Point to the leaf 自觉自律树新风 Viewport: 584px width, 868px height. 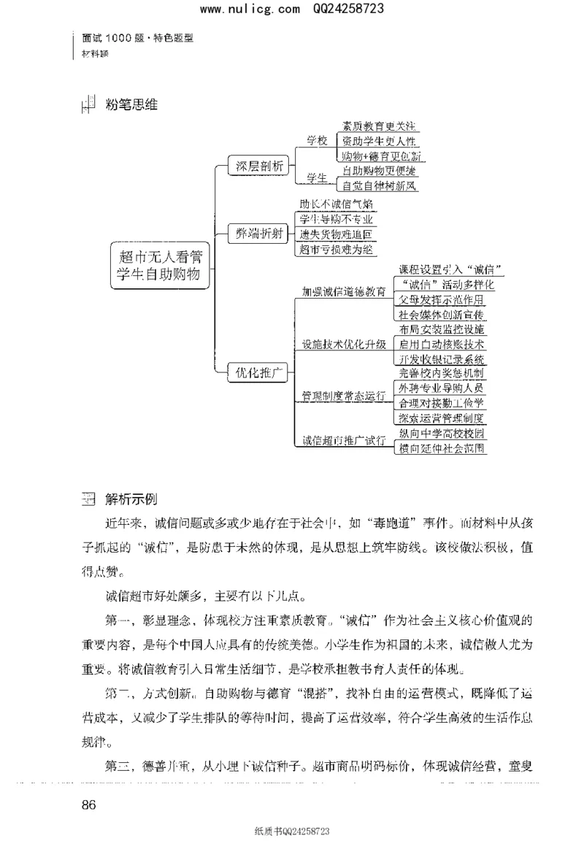(379, 185)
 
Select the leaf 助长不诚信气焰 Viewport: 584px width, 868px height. (336, 204)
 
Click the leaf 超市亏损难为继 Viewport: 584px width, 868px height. (337, 250)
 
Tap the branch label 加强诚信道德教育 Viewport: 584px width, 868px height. (344, 292)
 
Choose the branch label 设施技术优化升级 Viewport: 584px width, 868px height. (344, 345)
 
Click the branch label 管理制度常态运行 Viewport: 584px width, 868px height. (344, 396)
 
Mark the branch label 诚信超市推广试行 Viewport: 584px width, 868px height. (344, 441)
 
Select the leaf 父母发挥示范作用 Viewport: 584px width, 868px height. (440, 300)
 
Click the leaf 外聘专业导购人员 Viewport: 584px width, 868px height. (441, 388)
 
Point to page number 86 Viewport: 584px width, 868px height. (90, 805)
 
